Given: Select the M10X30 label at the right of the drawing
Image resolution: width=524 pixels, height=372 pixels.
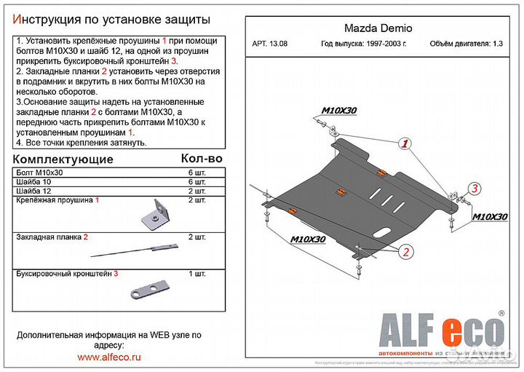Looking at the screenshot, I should tap(491, 216).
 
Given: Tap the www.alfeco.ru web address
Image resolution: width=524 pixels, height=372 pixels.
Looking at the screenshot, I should tap(109, 358).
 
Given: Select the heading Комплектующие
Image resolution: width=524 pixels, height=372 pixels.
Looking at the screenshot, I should tap(64, 159).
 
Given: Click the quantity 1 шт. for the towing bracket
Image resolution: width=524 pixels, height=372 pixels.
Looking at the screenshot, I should tap(197, 274).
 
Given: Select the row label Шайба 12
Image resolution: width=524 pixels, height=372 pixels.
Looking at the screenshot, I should tap(33, 190).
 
